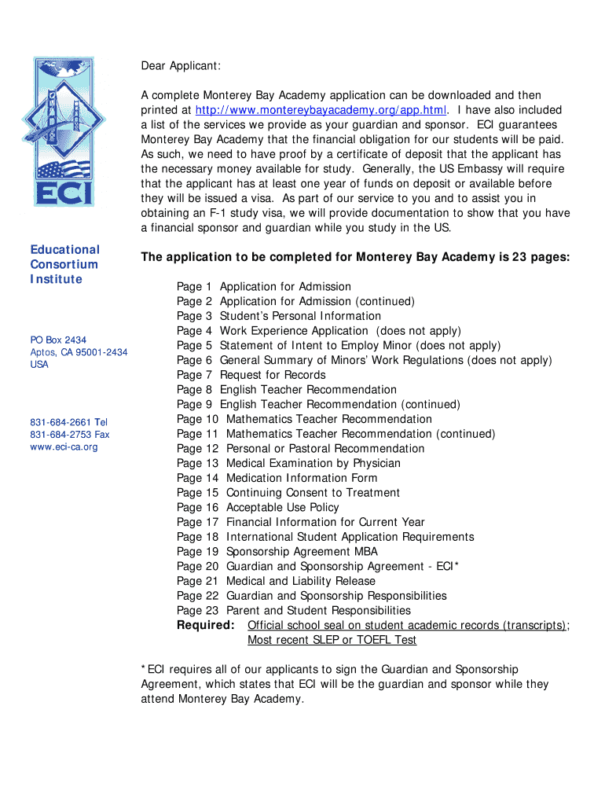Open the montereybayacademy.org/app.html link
tap(321, 110)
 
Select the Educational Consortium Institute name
tap(65, 264)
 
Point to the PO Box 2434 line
tap(58, 340)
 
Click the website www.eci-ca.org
tap(64, 447)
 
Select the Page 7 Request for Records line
tap(251, 375)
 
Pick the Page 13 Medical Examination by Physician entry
tap(288, 463)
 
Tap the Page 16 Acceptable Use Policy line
tap(258, 507)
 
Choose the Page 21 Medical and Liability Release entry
tap(276, 581)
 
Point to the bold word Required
tap(206, 625)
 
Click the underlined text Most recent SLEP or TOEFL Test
tap(332, 640)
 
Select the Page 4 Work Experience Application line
tap(318, 331)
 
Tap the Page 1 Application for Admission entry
tap(263, 287)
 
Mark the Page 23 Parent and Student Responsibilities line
tap(293, 610)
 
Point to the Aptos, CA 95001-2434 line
tap(79, 352)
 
